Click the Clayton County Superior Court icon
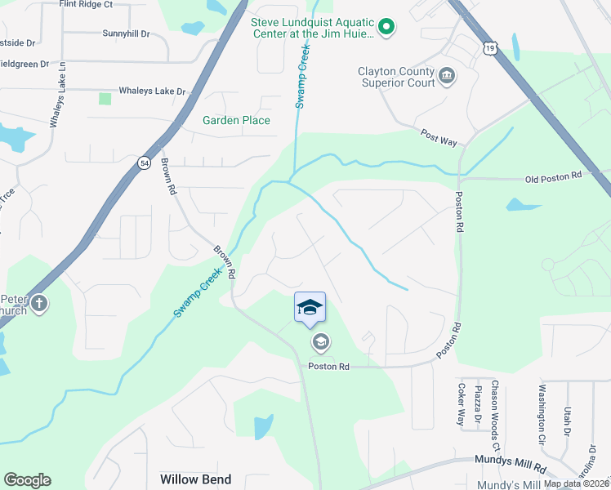pyautogui.click(x=447, y=77)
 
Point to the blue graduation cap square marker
pyautogui.click(x=310, y=307)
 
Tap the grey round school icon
pyautogui.click(x=320, y=341)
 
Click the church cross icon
pyautogui.click(x=38, y=305)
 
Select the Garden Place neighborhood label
pyautogui.click(x=236, y=121)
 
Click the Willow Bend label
pyautogui.click(x=195, y=479)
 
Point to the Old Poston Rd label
pyautogui.click(x=552, y=176)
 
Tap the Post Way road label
pyautogui.click(x=438, y=136)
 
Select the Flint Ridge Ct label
pyautogui.click(x=86, y=4)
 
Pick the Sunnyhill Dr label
pyautogui.click(x=127, y=34)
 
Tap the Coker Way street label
pyautogui.click(x=461, y=404)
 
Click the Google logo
pyautogui.click(x=27, y=480)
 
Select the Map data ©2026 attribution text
pyautogui.click(x=577, y=483)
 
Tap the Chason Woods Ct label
pyautogui.click(x=495, y=416)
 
